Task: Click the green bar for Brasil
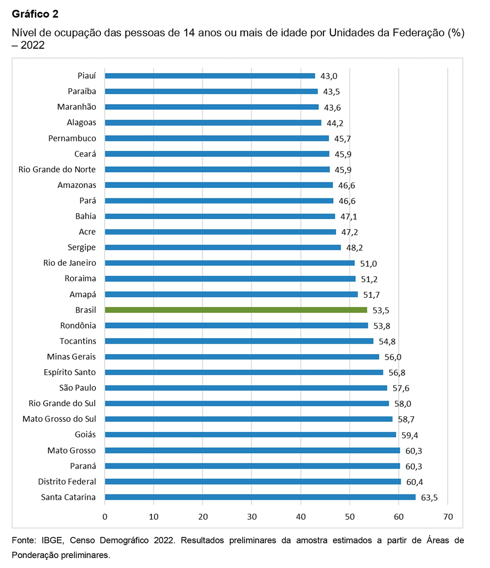[x=236, y=310]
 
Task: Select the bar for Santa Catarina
[x=260, y=497]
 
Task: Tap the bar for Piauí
[x=210, y=76]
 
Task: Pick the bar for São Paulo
[x=246, y=388]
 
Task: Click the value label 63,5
[x=429, y=497]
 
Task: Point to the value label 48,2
[x=354, y=248]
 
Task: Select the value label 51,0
[x=368, y=264]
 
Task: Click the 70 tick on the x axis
[x=448, y=517]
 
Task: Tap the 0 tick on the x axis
[x=105, y=517]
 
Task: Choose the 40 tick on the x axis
[x=301, y=517]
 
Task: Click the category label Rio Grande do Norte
[x=57, y=169]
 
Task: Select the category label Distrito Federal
[x=67, y=481]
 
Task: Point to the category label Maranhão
[x=76, y=107]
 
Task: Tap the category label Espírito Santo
[x=69, y=372]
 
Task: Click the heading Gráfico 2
[x=35, y=14]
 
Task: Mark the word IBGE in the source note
[x=52, y=540]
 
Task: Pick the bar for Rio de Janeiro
[x=229, y=263]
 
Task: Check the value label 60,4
[x=414, y=482]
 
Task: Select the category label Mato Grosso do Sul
[x=59, y=419]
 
